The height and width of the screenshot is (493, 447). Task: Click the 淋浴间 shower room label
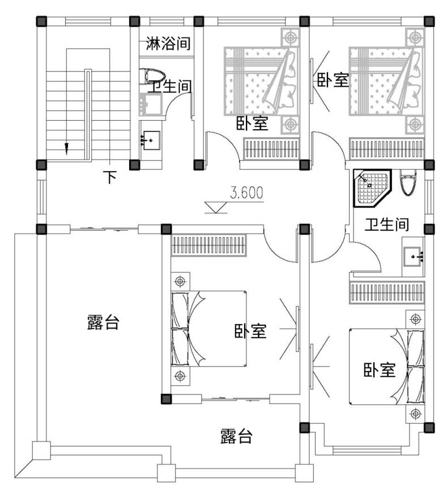pyautogui.click(x=168, y=44)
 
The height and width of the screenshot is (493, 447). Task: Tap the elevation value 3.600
pyautogui.click(x=246, y=193)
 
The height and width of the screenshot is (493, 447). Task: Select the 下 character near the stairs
pyautogui.click(x=110, y=177)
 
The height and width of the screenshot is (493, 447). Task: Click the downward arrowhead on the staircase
pyautogui.click(x=66, y=148)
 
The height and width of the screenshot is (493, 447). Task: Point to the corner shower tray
pyautogui.click(x=372, y=188)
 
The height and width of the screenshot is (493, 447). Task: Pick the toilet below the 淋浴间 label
pyautogui.click(x=152, y=76)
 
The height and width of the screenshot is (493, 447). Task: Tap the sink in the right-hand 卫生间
pyautogui.click(x=413, y=257)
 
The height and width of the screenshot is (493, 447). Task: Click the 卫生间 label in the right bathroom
pyautogui.click(x=386, y=224)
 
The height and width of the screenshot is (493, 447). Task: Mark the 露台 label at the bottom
pyautogui.click(x=236, y=436)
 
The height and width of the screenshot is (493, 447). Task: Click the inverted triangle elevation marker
pyautogui.click(x=216, y=207)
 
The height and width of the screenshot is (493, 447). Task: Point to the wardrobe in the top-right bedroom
pyautogui.click(x=387, y=148)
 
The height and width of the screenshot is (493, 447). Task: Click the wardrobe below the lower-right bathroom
pyautogui.click(x=387, y=293)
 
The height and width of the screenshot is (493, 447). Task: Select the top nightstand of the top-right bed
pyautogui.click(x=415, y=38)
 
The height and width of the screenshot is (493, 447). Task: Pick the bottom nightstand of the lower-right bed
pyautogui.click(x=415, y=414)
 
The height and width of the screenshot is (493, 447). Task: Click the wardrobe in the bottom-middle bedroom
pyautogui.click(x=208, y=245)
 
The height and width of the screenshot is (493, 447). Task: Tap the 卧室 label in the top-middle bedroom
pyautogui.click(x=252, y=124)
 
